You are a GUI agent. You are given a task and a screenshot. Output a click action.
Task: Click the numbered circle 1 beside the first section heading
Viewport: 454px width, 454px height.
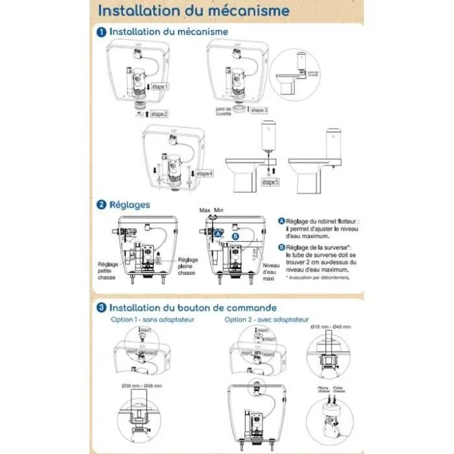click(102, 32)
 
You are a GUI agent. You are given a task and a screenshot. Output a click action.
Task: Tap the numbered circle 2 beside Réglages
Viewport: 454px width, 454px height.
click(102, 205)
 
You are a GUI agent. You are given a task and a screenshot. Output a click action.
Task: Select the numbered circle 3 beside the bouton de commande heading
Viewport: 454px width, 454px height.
click(102, 307)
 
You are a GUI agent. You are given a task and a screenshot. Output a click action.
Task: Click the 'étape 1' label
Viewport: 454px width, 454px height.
click(156, 86)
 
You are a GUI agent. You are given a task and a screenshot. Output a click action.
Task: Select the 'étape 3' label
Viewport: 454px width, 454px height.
click(256, 110)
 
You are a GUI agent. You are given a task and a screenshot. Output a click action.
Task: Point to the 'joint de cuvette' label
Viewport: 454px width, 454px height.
click(223, 112)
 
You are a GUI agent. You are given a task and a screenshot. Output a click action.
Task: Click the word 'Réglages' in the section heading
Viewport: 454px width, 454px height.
click(130, 205)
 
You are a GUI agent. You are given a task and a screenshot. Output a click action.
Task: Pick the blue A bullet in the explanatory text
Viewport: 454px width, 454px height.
click(281, 221)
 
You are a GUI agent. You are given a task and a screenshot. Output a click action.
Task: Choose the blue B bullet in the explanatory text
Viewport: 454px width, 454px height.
click(281, 247)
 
